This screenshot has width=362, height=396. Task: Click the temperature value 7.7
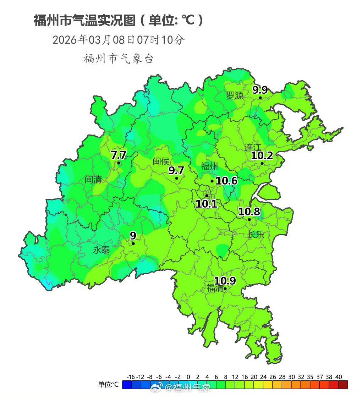point(118,155)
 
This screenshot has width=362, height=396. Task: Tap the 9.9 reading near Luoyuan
point(260,90)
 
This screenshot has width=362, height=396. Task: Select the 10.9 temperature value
point(225,281)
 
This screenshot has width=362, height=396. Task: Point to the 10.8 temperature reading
point(249,212)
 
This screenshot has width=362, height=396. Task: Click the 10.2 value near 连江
point(262,155)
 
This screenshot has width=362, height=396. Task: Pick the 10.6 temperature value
point(226,181)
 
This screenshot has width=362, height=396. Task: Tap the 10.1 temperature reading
point(206,204)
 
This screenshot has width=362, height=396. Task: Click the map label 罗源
point(235,95)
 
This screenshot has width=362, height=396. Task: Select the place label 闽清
point(93,180)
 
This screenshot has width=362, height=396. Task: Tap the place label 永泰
point(101,250)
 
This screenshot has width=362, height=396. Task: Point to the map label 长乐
point(256,235)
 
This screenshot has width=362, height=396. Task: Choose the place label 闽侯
point(161,161)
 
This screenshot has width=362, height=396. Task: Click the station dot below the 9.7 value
point(176,178)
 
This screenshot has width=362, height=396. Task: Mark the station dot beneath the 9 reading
point(133,243)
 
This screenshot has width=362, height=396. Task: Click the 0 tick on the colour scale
point(188,377)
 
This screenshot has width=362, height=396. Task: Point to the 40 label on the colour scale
point(338,377)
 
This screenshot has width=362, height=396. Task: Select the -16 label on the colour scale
point(130,377)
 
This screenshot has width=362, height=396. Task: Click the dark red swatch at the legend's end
point(343,385)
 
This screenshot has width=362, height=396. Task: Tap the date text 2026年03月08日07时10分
point(119,40)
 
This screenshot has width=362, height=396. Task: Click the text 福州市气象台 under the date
point(119,59)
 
